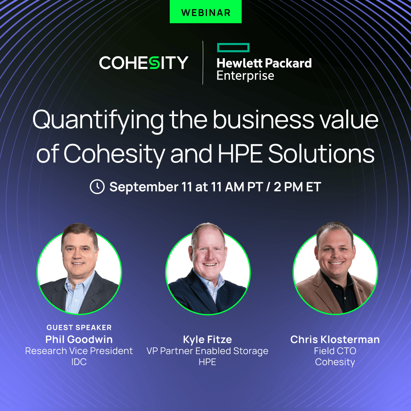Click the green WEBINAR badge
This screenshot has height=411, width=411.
(x=205, y=12)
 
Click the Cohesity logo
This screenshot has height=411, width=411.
(x=143, y=63)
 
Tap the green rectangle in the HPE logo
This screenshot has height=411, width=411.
(x=233, y=48)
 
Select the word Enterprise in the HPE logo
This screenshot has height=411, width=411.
(x=245, y=75)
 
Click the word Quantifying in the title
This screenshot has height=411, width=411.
(x=98, y=120)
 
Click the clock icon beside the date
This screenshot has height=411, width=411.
(x=97, y=187)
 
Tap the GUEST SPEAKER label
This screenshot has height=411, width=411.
(x=79, y=328)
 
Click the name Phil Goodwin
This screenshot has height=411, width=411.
(x=79, y=339)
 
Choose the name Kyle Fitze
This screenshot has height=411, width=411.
(x=207, y=339)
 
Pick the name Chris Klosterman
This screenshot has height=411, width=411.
(x=335, y=339)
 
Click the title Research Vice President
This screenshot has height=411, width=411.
(x=79, y=350)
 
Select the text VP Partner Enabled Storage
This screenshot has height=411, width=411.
(x=207, y=350)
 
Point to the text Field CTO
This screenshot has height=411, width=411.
(x=335, y=350)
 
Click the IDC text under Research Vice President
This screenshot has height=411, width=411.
(x=79, y=362)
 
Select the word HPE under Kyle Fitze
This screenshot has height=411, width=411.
(x=207, y=362)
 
